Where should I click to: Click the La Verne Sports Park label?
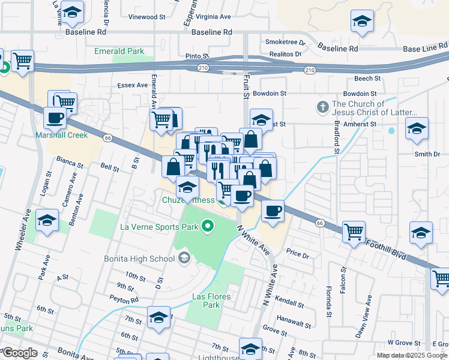[159, 227]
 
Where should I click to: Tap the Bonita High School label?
[147, 259]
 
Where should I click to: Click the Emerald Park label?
[119, 52]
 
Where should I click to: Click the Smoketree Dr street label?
[285, 43]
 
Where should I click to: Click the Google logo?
[19, 353]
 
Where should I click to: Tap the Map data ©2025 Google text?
[412, 355]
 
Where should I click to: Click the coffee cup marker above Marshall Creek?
[55, 118]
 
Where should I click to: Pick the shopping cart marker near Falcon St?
[354, 231]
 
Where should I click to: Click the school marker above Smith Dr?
[417, 128]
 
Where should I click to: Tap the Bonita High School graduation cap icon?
[184, 259]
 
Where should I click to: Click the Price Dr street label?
[297, 254]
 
